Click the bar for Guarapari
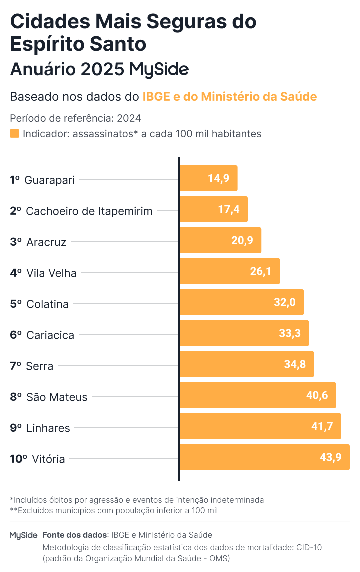pos(208,178)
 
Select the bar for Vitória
pos(264,457)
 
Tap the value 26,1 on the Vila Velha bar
pos(260,271)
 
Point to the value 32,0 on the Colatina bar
pos(285,302)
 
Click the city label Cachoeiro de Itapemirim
pos(89,211)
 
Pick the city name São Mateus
pos(57,397)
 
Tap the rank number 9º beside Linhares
pos(15,428)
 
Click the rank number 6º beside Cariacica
pos(15,335)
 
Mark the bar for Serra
pos(246,364)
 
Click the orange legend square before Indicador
pos(14,134)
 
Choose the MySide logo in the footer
pos(23,535)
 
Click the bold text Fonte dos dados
pos(74,535)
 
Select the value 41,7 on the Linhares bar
pos(322,426)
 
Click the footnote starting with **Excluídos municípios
pos(114,510)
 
